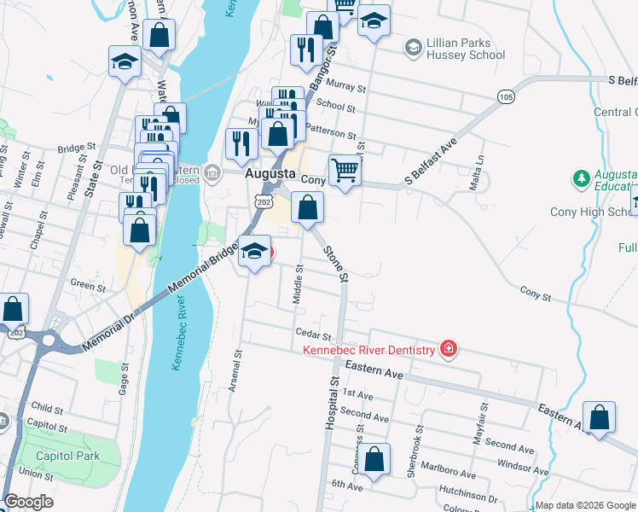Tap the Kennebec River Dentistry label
[x=368, y=350]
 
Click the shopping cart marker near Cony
[x=345, y=169]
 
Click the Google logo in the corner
[x=28, y=502]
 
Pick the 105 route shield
[x=507, y=96]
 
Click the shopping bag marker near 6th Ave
[x=374, y=459]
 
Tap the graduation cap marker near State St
[x=125, y=62]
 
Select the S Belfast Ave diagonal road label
[x=432, y=161]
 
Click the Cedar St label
[x=311, y=333]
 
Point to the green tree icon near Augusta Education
[x=581, y=178]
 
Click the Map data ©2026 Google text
[x=585, y=505]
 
